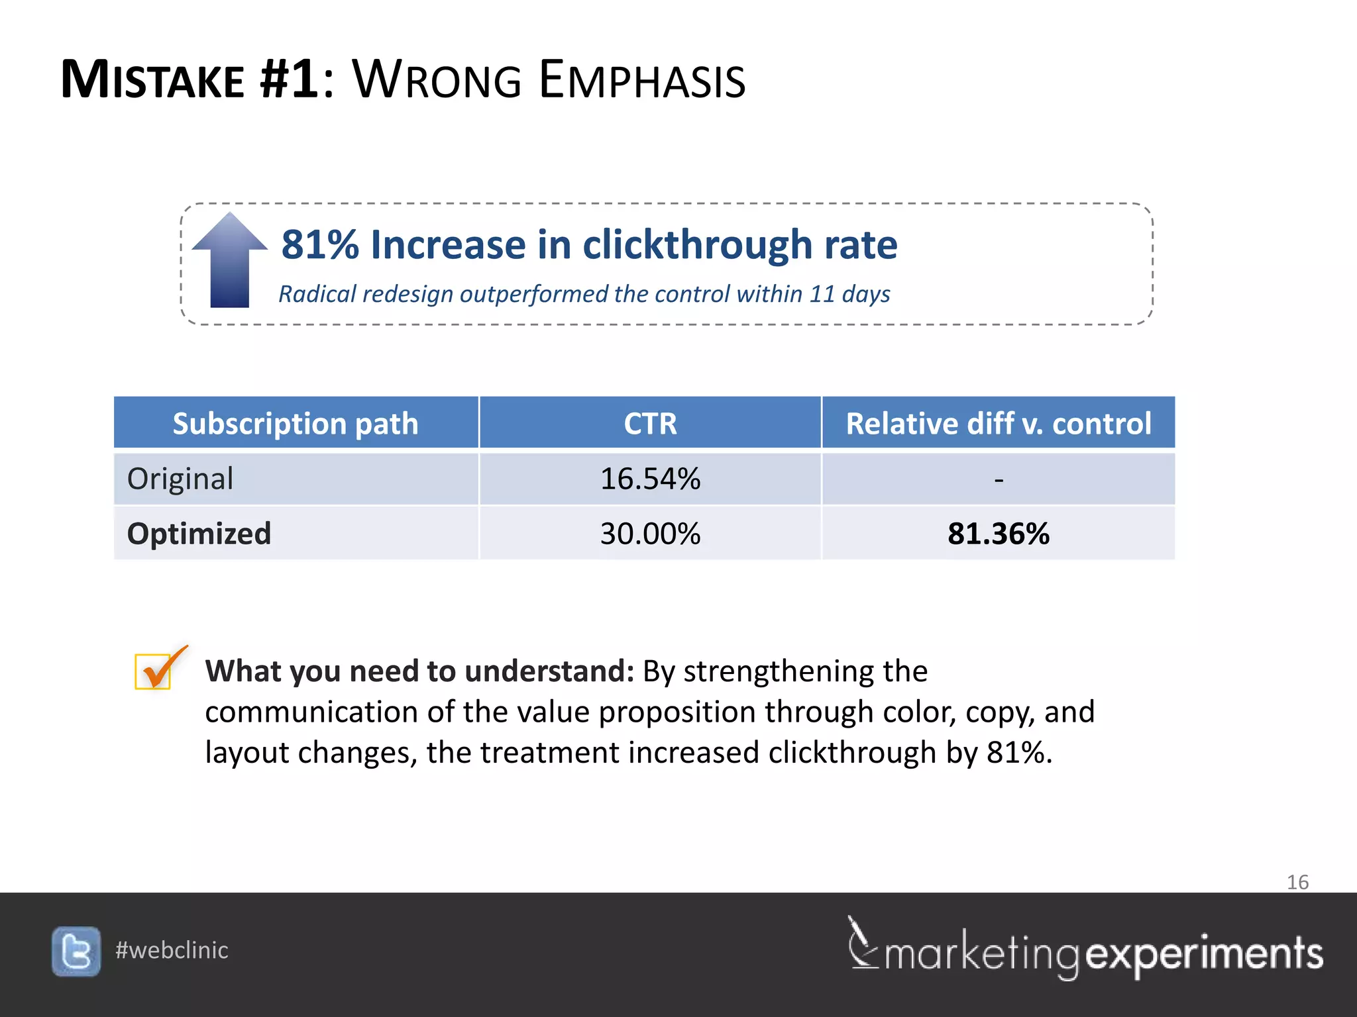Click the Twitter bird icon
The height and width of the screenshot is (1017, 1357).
click(76, 951)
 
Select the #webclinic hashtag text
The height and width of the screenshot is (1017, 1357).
click(172, 950)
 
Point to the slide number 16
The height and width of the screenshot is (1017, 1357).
click(1297, 882)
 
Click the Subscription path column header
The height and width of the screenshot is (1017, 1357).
click(296, 423)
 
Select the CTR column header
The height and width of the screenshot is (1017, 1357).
click(650, 423)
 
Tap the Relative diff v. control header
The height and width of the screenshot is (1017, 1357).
click(998, 423)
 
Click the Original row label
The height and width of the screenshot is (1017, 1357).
click(180, 479)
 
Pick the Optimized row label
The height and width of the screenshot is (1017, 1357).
click(199, 534)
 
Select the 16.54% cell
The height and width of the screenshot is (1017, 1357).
click(650, 479)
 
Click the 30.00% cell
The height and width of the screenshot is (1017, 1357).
click(650, 534)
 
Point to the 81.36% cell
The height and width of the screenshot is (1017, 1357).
click(998, 534)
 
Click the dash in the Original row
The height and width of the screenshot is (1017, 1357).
click(999, 479)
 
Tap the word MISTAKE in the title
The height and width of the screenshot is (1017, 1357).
click(152, 81)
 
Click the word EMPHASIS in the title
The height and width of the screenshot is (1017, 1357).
click(642, 81)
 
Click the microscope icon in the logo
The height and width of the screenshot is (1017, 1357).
click(862, 943)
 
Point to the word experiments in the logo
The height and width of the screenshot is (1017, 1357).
click(1204, 954)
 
